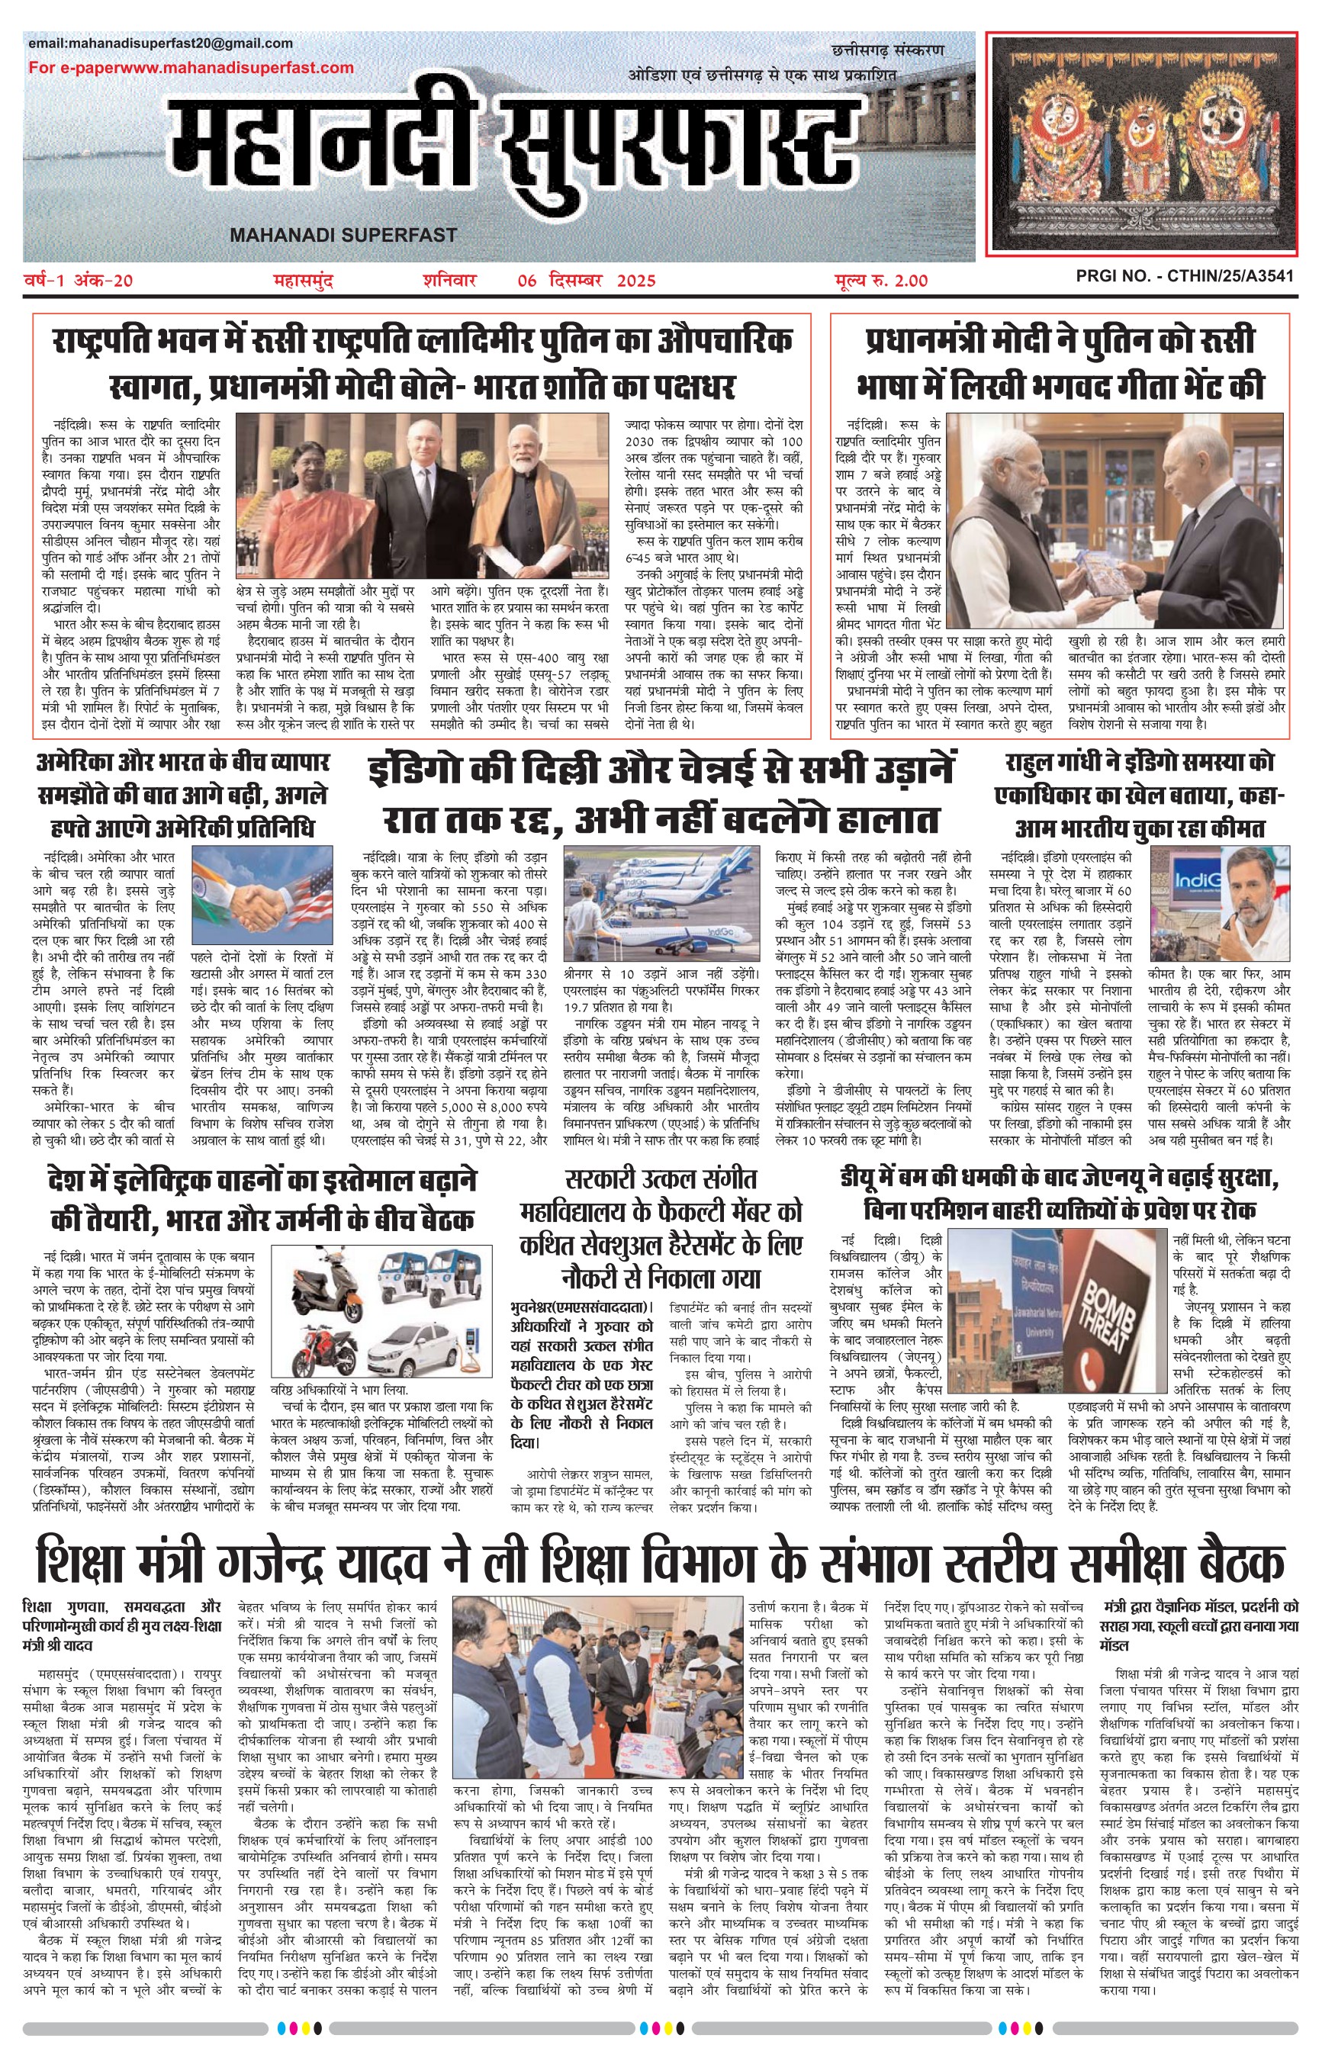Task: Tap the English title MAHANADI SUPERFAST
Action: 343,235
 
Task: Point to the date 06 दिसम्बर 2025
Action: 587,281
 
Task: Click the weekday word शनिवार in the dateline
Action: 449,281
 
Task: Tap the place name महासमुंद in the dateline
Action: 302,281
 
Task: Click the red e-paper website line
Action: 191,68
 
